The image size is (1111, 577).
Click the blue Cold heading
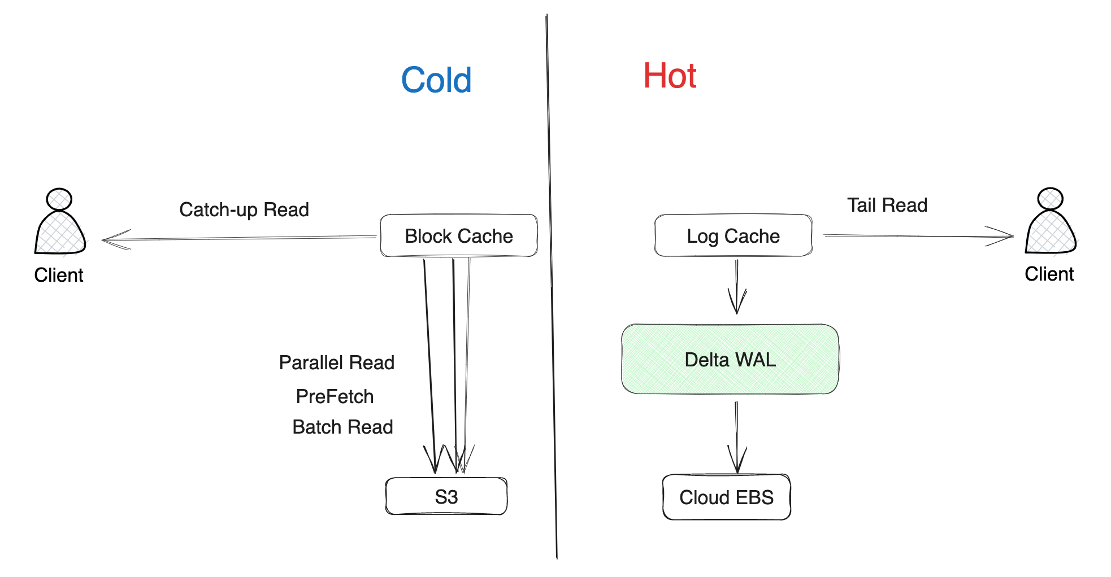[436, 80]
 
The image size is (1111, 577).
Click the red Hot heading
[670, 76]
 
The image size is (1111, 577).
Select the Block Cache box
[458, 236]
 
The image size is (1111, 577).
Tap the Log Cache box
[733, 236]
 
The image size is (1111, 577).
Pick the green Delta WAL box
[730, 360]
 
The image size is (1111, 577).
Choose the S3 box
[446, 497]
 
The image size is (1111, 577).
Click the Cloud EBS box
[726, 497]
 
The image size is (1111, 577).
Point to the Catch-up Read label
[244, 209]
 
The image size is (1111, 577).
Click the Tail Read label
[887, 205]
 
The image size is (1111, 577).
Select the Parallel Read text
[337, 362]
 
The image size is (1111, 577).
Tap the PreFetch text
[335, 396]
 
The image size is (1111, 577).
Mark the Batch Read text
[342, 427]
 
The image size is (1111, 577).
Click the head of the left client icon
[59, 199]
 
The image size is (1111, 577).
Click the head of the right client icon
[1050, 199]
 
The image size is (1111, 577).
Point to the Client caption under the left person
[59, 275]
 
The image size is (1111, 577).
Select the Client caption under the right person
[1049, 274]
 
